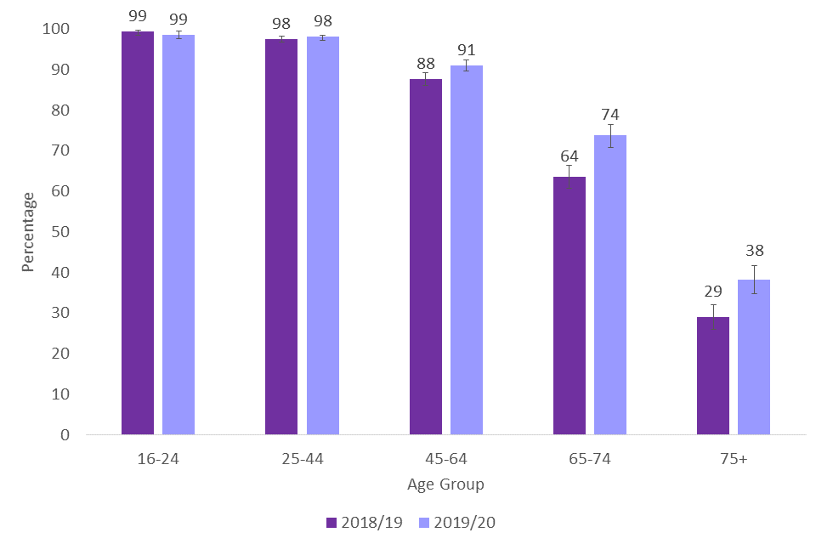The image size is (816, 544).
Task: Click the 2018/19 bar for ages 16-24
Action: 138,234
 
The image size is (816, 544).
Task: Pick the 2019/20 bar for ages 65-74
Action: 610,285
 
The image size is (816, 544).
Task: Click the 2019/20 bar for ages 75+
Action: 754,357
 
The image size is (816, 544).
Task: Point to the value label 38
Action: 754,251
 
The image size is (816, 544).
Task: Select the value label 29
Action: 712,291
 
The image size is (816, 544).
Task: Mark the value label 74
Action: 610,115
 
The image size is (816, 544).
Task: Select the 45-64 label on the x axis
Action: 446,459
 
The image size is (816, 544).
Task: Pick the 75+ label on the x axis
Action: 734,459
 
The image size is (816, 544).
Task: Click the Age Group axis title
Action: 445,484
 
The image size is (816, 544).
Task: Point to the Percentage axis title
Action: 29,232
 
